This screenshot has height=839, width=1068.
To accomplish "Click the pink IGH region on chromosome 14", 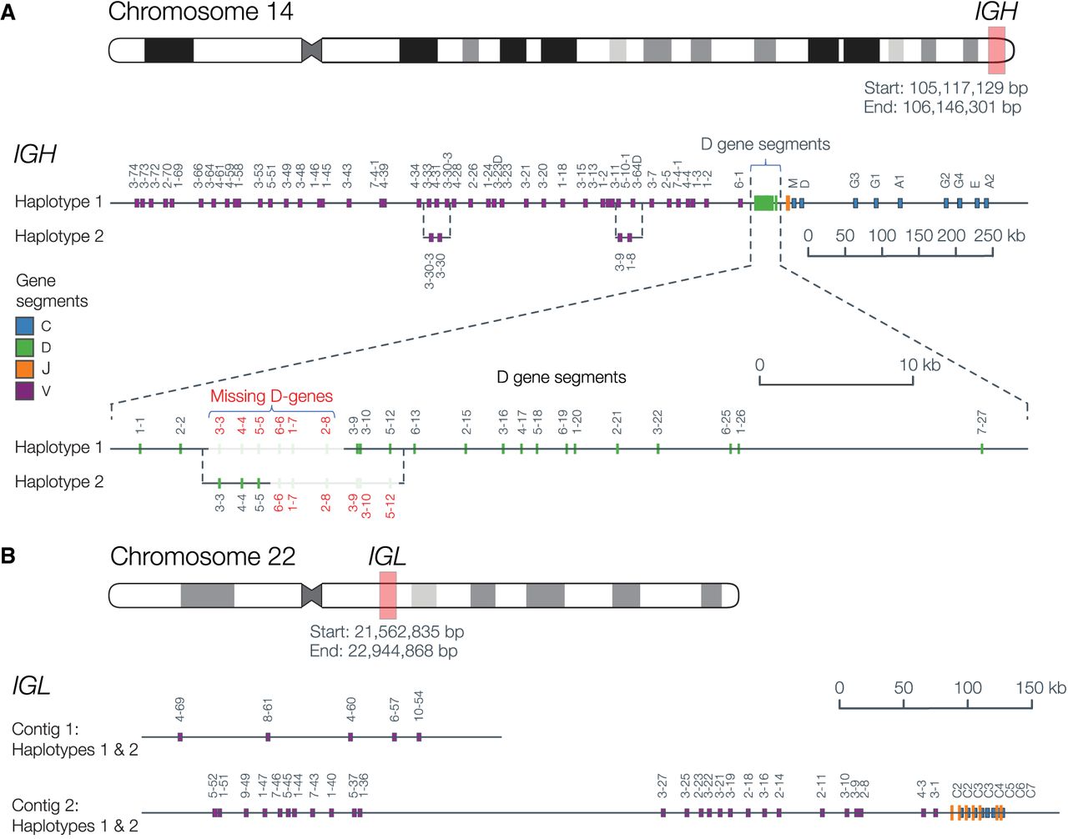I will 996,49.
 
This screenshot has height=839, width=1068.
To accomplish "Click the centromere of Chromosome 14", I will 311,50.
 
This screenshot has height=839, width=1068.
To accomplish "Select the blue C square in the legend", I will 24,326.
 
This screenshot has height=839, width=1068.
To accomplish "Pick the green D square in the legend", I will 24,348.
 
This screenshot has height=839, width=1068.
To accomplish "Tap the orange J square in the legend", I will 24,369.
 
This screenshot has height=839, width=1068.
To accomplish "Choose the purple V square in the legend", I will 24,390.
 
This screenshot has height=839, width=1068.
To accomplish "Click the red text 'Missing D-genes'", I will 271,396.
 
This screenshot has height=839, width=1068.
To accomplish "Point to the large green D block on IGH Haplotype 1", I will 763,203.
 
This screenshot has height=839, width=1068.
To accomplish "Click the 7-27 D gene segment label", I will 982,422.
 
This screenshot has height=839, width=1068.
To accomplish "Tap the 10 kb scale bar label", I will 919,365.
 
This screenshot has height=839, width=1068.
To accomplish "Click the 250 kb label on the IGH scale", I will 999,236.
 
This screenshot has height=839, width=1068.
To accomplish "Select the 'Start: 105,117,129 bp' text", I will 945,88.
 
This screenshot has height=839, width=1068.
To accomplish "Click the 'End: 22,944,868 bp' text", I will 383,651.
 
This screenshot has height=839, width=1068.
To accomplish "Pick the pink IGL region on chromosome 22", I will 387,595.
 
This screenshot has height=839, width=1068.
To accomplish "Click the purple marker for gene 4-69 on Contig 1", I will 180,736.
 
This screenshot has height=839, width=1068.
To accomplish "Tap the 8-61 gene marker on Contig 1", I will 268,736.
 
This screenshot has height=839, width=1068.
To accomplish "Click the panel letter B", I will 8,555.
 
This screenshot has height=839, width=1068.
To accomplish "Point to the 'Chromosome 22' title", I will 203,556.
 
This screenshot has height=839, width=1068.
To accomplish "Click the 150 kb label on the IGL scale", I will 1040,688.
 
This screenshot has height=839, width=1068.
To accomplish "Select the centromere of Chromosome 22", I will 311,595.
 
